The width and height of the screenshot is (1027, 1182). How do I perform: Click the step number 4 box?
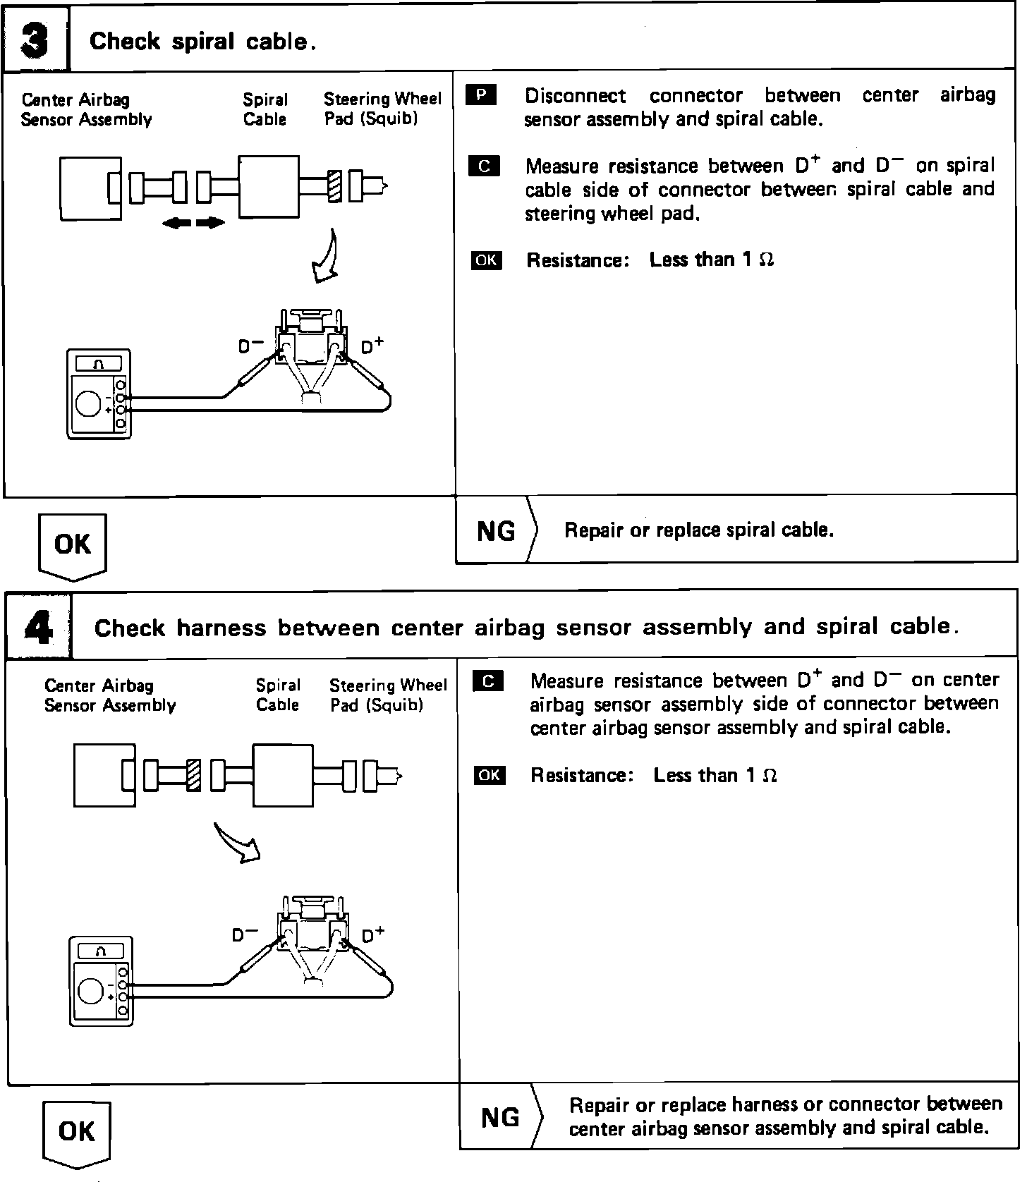point(38,627)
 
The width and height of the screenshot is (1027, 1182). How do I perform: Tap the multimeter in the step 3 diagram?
point(99,394)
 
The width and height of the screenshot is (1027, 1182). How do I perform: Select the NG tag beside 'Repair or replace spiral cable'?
point(497,530)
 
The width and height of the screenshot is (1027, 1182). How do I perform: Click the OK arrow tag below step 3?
point(72,545)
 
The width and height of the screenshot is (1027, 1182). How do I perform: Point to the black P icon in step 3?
point(482,95)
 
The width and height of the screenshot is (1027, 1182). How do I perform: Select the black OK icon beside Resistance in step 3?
point(486,260)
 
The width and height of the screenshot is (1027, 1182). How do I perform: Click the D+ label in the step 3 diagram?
point(372,346)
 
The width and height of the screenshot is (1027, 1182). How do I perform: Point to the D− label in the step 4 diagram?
point(245,934)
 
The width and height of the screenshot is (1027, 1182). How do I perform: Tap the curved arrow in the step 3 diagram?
point(326,257)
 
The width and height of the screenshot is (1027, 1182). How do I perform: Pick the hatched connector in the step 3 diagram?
point(335,188)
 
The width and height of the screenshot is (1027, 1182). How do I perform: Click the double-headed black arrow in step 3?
point(193,224)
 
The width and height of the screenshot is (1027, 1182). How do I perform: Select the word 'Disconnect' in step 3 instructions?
point(575,96)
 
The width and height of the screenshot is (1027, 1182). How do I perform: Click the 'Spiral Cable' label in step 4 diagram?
point(277,695)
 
